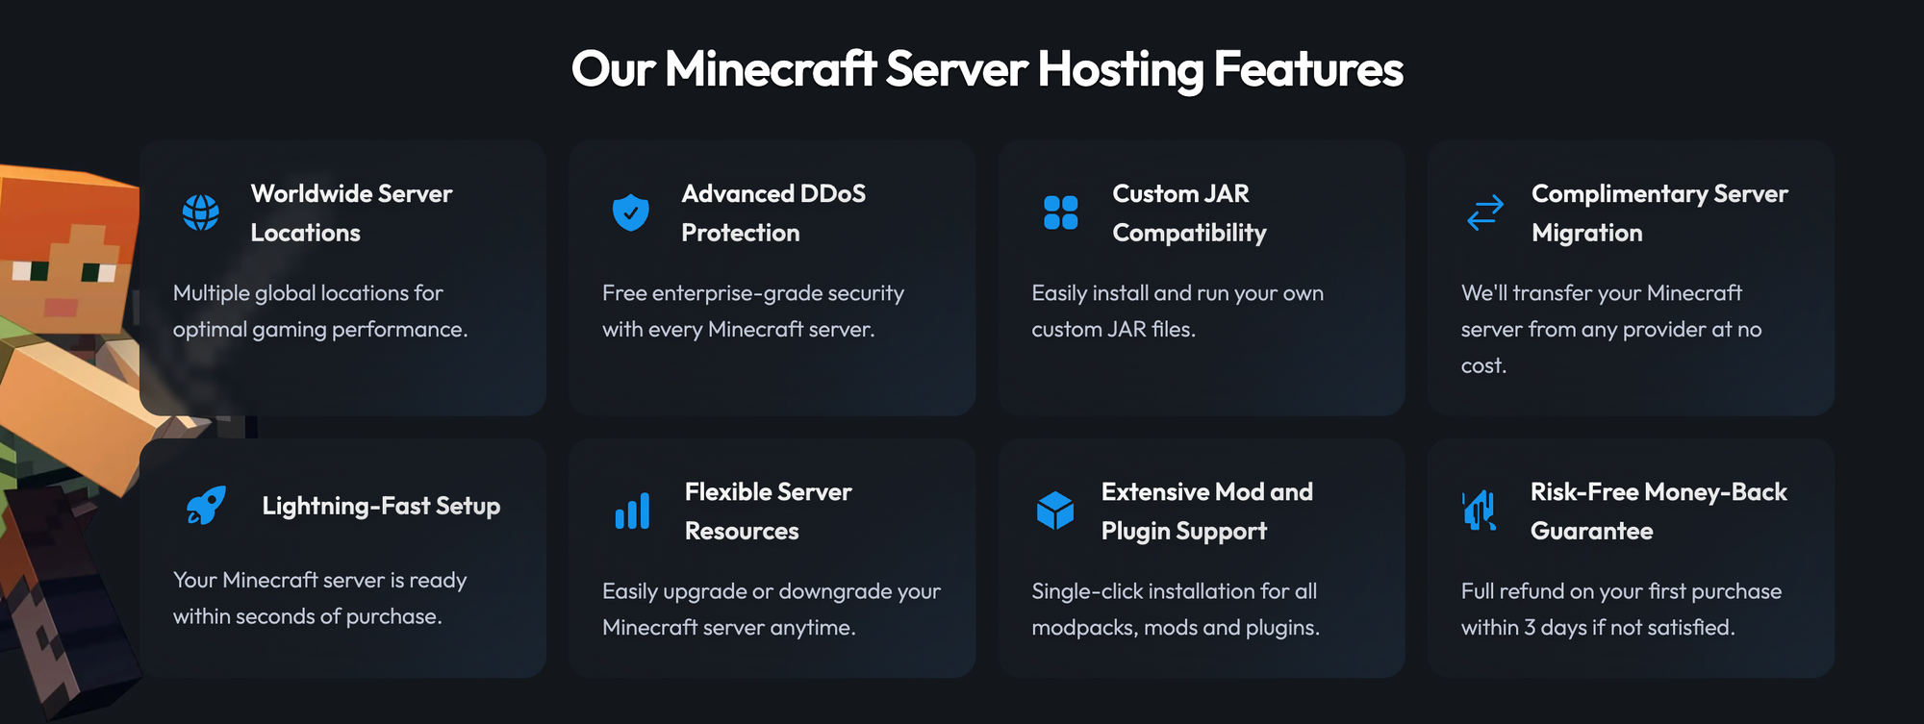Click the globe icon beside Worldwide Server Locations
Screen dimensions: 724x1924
tap(200, 212)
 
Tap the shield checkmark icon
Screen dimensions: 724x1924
tap(630, 212)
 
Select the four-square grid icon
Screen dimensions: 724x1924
tap(1060, 212)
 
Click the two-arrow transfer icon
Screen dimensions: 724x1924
tap(1485, 212)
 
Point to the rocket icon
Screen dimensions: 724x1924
tap(206, 506)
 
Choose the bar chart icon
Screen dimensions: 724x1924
tap(632, 511)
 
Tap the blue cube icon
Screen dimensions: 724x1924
tap(1055, 511)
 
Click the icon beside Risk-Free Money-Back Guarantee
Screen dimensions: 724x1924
tap(1480, 511)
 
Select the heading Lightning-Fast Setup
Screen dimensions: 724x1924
tap(381, 506)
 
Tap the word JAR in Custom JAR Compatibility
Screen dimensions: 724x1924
tap(1227, 193)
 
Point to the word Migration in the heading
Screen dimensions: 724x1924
tap(1586, 233)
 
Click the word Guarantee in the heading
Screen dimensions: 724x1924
tap(1591, 531)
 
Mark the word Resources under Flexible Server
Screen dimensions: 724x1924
tap(742, 531)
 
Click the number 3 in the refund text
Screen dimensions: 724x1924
tap(1530, 628)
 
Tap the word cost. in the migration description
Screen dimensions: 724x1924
tap(1483, 366)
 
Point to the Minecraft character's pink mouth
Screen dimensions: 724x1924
tap(61, 308)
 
